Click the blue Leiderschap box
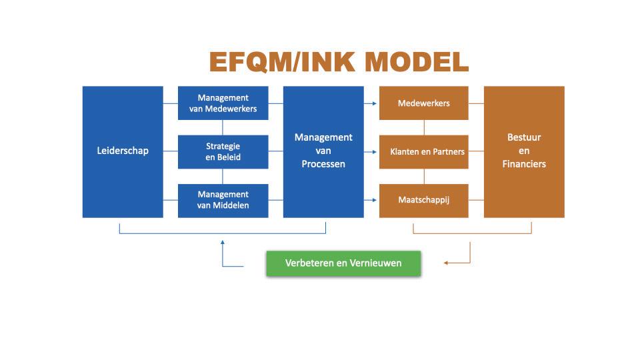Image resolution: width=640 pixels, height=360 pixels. [123, 151]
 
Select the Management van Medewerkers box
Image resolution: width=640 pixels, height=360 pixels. [223, 103]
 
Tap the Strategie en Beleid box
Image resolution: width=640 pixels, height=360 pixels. [223, 151]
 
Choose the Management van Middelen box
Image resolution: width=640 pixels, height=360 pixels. [223, 200]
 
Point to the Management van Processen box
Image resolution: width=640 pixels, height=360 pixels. [323, 151]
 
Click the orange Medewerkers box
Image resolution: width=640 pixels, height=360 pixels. [423, 103]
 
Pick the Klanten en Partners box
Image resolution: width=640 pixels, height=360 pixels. [423, 151]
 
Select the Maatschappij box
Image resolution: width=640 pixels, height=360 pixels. [423, 200]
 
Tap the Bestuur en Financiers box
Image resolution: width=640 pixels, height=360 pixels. [524, 151]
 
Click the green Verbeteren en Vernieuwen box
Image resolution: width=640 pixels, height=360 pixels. [343, 263]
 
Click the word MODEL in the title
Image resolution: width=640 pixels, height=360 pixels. [417, 62]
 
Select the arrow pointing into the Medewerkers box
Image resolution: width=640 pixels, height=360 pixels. [374, 103]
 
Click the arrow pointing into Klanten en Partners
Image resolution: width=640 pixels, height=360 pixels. [374, 151]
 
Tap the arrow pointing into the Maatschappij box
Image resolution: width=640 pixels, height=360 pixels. [374, 200]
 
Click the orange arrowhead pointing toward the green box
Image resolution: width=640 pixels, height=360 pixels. [447, 263]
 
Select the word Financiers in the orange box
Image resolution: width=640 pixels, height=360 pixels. [524, 164]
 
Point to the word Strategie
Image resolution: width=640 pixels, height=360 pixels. [223, 145]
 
